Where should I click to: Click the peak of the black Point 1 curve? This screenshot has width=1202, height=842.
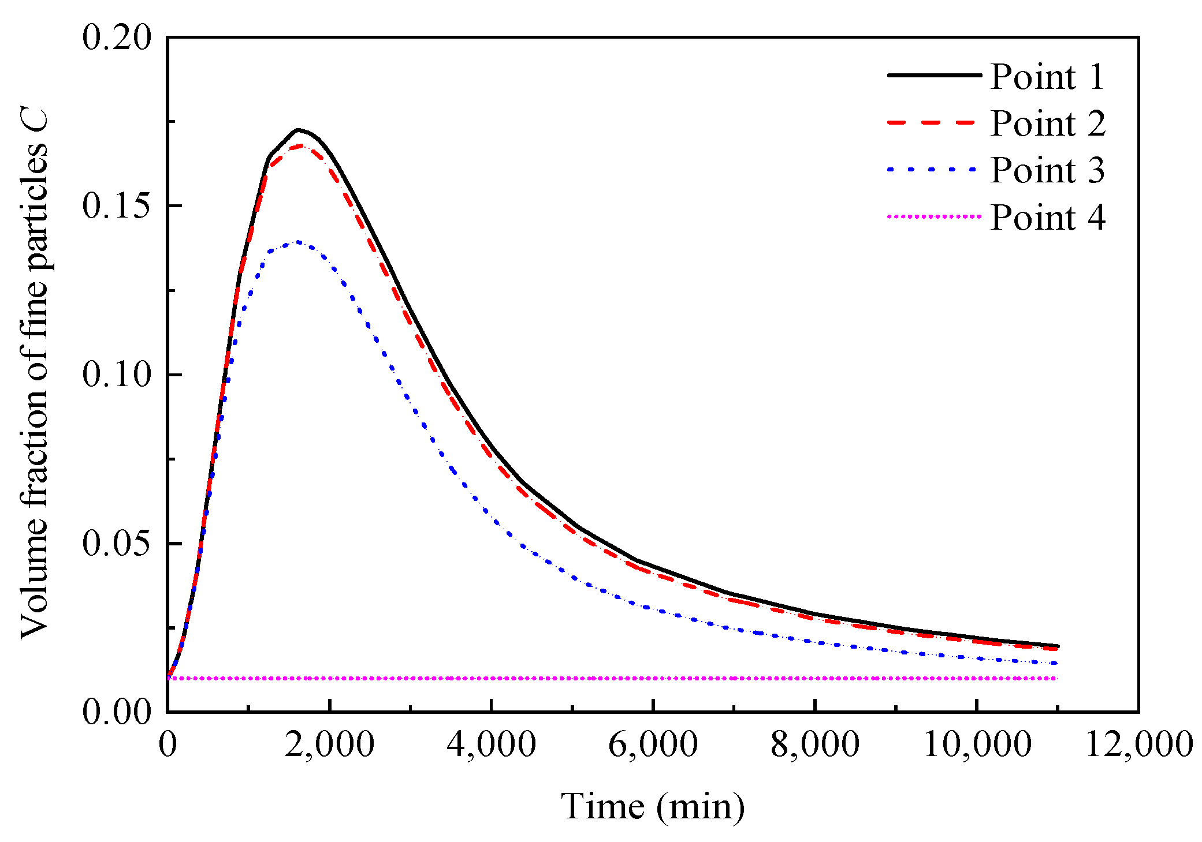click(x=298, y=130)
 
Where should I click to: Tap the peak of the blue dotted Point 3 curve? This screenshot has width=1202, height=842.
click(x=298, y=242)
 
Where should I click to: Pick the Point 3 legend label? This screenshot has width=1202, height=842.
click(x=1047, y=170)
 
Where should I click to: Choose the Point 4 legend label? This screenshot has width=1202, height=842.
click(x=1047, y=218)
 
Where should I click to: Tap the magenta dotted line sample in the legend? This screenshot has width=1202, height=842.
click(x=933, y=217)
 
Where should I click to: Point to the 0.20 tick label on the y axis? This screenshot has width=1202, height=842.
click(x=117, y=38)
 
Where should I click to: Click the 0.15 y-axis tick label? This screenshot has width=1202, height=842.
click(x=117, y=206)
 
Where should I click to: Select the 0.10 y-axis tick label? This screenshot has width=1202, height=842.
click(x=117, y=375)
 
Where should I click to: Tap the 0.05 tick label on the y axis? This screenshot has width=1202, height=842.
click(x=117, y=544)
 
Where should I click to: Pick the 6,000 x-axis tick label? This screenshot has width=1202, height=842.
click(x=653, y=744)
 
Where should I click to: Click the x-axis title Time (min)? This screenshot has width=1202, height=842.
click(x=653, y=806)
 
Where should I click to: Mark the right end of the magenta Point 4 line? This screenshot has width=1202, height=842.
click(x=1056, y=678)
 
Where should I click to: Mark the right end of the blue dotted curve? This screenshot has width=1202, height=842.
click(x=1056, y=663)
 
